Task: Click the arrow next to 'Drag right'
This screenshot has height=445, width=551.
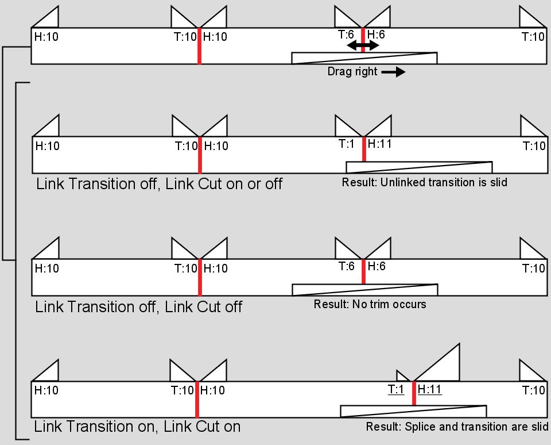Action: coord(393,72)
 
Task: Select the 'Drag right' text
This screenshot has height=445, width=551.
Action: coord(352,72)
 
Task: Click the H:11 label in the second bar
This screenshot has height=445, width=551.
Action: coord(379,143)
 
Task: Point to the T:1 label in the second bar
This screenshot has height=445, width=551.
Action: coord(346,144)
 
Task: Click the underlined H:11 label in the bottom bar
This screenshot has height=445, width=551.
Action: coord(429,389)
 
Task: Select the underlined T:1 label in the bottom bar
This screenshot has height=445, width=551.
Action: coord(396,390)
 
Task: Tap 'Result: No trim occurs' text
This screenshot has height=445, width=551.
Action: coord(370,304)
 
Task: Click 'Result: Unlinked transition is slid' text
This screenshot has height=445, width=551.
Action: coord(425,182)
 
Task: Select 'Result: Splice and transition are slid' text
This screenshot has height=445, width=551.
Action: coord(457,427)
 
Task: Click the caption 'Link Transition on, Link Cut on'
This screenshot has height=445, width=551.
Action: coord(137,427)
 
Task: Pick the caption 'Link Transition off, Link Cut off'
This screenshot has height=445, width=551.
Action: coord(138,306)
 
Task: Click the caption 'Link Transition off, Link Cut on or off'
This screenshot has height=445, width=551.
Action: coord(159,184)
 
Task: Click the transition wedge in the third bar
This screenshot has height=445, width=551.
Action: coord(365,290)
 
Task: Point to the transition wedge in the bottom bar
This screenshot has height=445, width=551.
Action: coord(413,411)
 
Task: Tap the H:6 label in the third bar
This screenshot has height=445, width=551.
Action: coord(377,266)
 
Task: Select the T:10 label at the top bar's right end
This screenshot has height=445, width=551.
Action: coord(533,37)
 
